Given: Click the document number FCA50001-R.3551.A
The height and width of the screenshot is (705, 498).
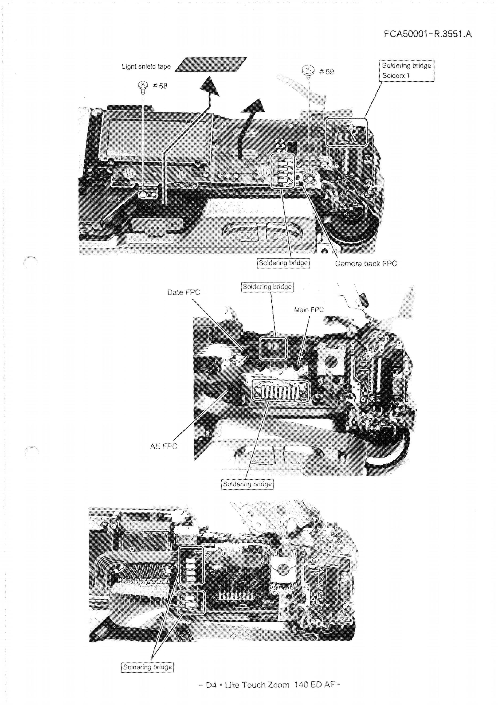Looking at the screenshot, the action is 428,34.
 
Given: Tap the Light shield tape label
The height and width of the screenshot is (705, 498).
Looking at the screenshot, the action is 146,67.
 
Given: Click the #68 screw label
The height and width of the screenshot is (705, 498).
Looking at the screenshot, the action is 160,86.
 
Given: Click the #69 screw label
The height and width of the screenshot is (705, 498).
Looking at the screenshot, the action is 326,71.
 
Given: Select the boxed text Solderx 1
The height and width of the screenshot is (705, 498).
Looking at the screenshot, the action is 396,75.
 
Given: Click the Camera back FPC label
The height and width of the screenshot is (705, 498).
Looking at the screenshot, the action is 366,263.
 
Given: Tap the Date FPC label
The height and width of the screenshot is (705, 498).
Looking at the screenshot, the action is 184,292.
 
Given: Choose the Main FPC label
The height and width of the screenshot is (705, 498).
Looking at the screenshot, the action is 309,310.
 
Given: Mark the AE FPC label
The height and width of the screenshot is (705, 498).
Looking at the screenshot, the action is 164,446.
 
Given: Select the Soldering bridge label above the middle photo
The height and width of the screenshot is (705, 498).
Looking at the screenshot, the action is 267,287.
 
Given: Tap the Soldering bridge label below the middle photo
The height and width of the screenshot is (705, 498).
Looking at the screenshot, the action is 247,484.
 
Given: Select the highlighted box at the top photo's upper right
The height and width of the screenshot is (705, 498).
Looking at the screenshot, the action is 347,132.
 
